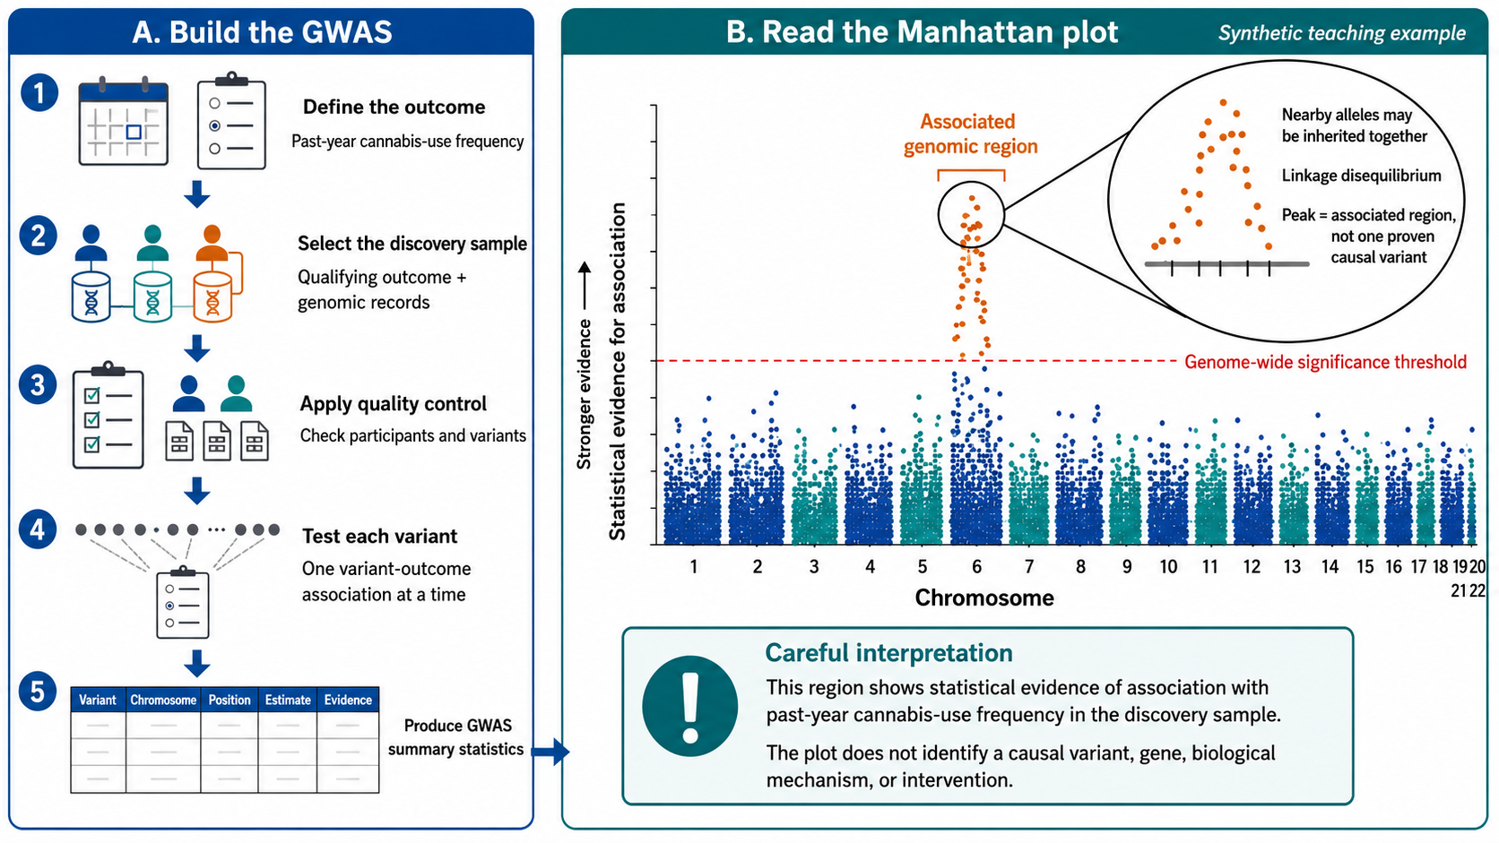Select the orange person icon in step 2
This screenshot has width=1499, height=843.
tap(212, 243)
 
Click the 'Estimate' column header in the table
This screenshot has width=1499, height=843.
tap(288, 700)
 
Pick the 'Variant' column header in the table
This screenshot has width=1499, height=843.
tap(98, 700)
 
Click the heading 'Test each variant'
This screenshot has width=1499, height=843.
tap(379, 536)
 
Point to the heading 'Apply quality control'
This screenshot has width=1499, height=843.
tap(393, 404)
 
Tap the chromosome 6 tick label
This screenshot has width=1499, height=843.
tap(977, 567)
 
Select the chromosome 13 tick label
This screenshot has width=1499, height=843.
tap(1292, 567)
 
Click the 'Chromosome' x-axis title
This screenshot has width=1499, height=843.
tap(984, 598)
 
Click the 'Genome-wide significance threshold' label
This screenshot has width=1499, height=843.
tap(1326, 362)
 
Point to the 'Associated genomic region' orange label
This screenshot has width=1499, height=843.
tap(970, 133)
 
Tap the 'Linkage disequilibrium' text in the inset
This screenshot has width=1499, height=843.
tap(1362, 176)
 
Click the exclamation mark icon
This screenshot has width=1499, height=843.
tap(690, 706)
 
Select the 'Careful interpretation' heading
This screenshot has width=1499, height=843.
tap(888, 653)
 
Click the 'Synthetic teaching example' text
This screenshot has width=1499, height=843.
tap(1342, 33)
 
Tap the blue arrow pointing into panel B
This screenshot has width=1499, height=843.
tap(550, 753)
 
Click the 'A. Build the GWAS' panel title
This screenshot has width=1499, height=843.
tap(263, 32)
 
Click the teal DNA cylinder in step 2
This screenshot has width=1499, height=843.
tap(152, 297)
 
